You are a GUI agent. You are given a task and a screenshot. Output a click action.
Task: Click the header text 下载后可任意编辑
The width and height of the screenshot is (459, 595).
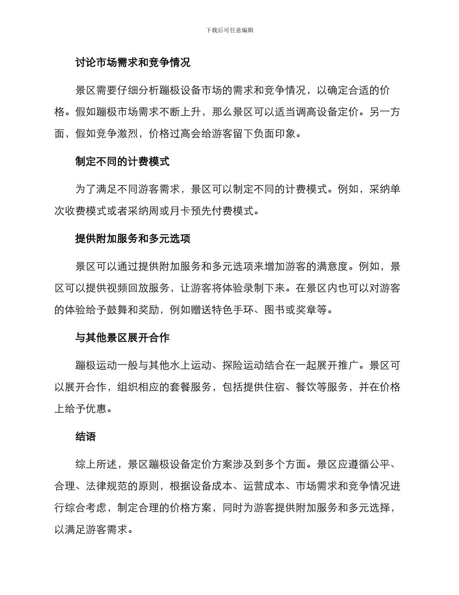click(229, 30)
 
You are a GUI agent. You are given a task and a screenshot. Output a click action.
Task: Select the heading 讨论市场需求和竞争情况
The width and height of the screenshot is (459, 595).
click(132, 62)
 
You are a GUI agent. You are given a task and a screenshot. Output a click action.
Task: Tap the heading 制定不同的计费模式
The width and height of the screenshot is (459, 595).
click(122, 162)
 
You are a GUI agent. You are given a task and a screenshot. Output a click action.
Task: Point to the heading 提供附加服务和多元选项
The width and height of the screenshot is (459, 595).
click(132, 238)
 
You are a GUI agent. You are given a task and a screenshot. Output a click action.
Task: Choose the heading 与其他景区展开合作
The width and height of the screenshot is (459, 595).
click(122, 338)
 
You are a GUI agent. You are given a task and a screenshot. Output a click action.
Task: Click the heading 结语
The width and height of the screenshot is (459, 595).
click(86, 437)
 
